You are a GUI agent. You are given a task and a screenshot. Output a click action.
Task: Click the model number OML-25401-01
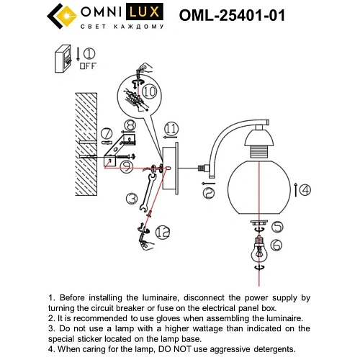tap(235, 15)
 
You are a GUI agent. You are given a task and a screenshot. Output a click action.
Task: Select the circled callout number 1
tap(89, 53)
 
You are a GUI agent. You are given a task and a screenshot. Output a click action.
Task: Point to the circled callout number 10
tap(148, 92)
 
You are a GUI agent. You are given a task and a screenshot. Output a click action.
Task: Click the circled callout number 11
tap(170, 130)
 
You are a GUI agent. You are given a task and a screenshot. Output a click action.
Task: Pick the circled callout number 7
tap(106, 133)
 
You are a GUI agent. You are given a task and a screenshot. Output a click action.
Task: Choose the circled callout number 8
tap(130, 126)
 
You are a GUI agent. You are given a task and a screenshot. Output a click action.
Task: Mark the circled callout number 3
tap(130, 198)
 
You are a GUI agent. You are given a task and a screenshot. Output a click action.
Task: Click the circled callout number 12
tap(162, 232)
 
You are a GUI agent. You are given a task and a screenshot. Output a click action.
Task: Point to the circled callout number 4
tap(305, 190)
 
